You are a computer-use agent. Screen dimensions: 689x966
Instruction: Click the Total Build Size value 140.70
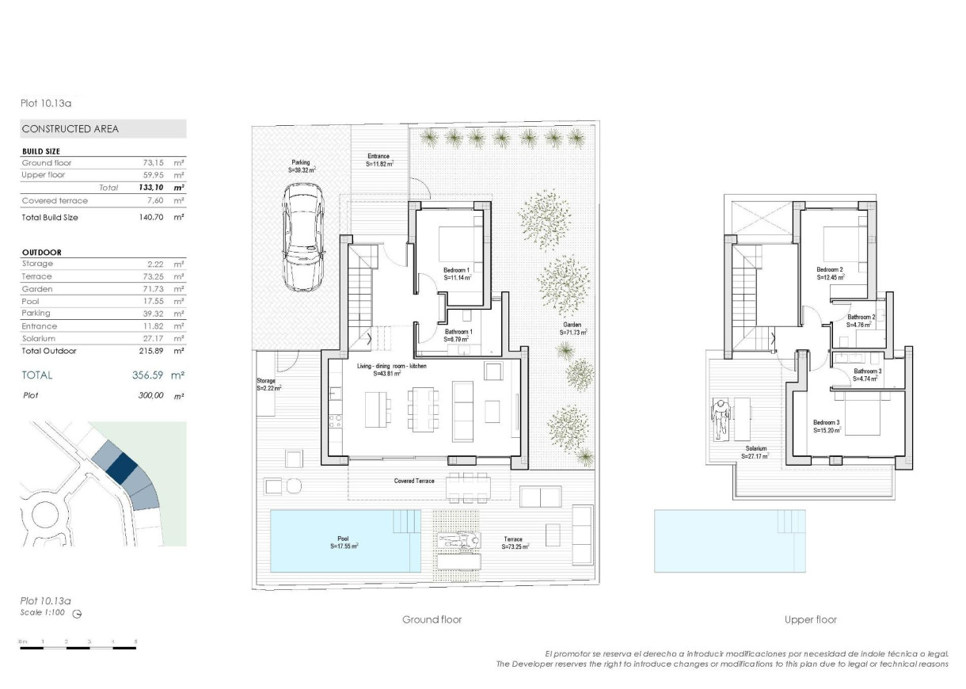tap(150, 217)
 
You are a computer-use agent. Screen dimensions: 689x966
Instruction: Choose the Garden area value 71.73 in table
tap(152, 289)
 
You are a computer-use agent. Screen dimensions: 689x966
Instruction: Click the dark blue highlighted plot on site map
tap(122, 467)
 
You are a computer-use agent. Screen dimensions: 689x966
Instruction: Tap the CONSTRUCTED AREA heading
tap(70, 129)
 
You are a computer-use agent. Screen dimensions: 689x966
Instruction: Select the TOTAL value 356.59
tap(147, 375)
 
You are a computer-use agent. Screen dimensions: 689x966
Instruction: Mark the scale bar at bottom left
tap(78, 648)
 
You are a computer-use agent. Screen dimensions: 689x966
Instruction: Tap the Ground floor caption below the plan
tap(432, 619)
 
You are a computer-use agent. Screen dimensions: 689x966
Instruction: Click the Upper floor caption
tap(810, 619)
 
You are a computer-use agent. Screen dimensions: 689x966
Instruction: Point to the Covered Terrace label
tap(414, 481)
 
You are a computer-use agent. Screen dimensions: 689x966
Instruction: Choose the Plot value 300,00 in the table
tap(150, 394)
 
